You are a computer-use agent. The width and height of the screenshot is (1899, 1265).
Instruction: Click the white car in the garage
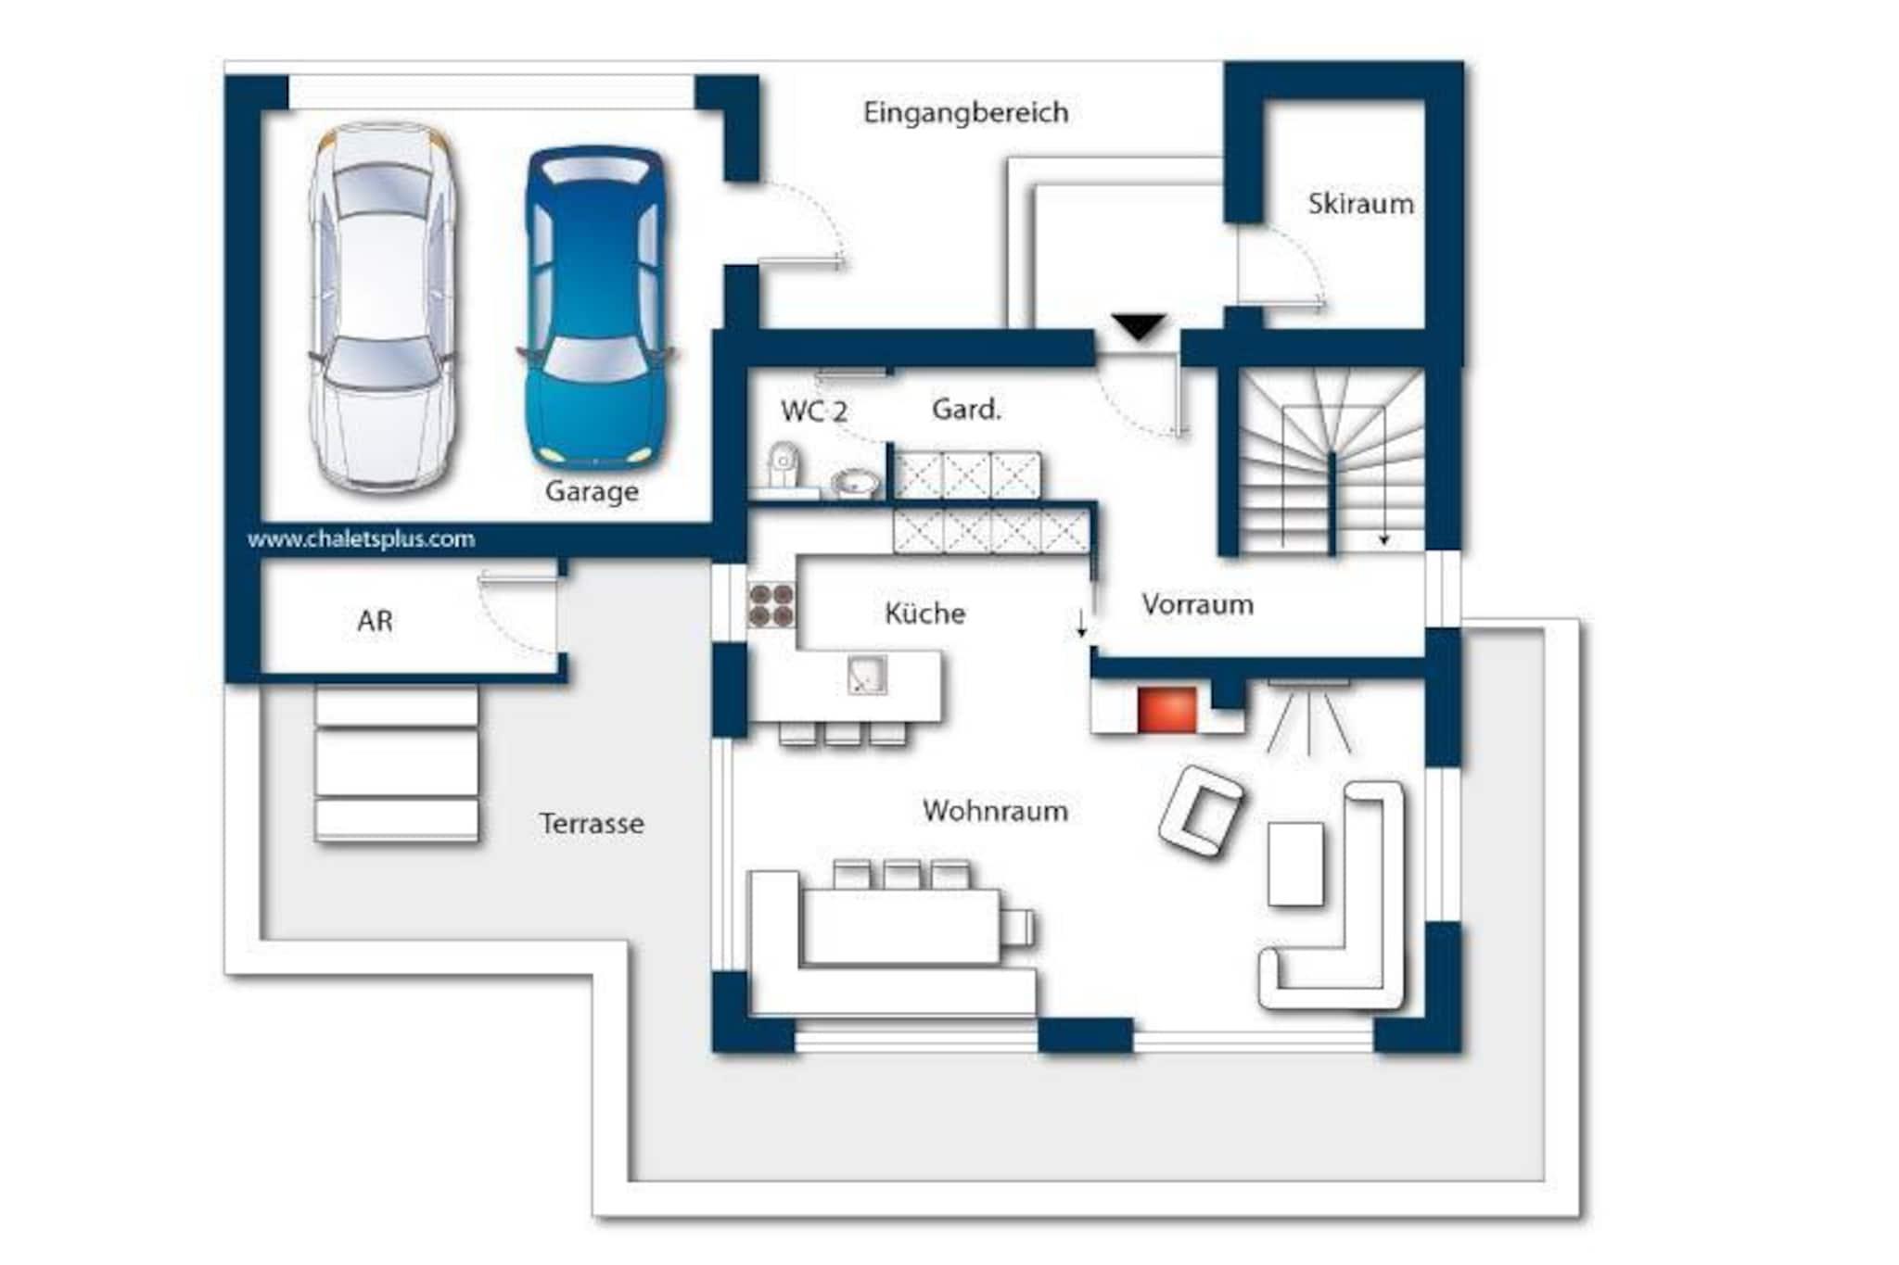pos(382,307)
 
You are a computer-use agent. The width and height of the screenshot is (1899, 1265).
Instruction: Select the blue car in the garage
pos(595,307)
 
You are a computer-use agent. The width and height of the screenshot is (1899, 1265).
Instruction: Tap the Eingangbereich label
pos(965,113)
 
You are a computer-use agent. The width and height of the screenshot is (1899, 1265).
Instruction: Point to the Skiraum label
pos(1360,203)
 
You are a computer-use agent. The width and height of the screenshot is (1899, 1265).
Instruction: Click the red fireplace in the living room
pos(1166,710)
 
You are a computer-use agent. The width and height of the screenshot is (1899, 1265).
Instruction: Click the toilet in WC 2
pos(784,466)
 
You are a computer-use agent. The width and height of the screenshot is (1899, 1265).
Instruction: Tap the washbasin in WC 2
pos(855,483)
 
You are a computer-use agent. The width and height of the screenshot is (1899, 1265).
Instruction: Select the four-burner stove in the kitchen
pos(771,605)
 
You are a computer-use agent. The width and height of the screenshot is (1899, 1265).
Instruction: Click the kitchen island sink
pos(867,676)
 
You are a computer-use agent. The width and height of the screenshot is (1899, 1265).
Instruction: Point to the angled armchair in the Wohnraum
pos(1201,810)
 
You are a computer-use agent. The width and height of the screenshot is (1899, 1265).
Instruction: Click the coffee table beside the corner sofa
pos(1295,863)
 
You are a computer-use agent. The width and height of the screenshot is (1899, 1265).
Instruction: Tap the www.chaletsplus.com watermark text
pos(361,538)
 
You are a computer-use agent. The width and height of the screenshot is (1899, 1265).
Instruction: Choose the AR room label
pos(375,620)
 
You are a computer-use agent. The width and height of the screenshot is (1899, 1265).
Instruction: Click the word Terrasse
pos(592,823)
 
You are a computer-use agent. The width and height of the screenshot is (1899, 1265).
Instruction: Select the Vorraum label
pos(1197,604)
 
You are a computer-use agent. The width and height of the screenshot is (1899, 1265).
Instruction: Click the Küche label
pos(924,613)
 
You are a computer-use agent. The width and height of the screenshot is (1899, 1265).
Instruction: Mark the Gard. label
pos(966,409)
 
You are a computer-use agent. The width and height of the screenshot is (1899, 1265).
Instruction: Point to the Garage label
pos(592,491)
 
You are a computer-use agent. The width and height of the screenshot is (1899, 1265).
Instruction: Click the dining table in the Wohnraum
pos(900,926)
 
